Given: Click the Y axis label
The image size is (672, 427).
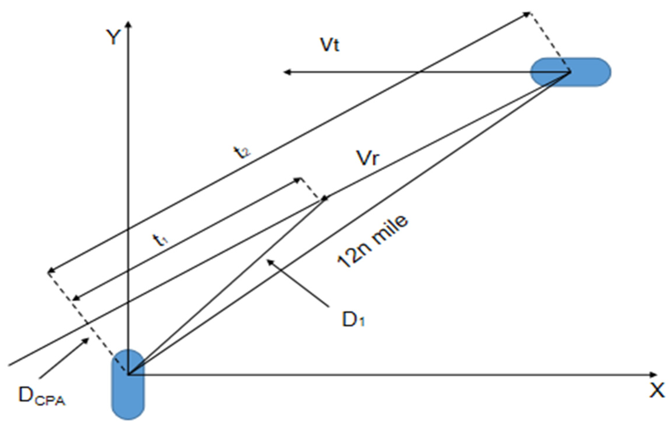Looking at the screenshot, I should (113, 37).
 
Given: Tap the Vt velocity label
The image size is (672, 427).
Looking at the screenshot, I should (330, 45).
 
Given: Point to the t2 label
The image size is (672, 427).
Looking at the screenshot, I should (242, 152).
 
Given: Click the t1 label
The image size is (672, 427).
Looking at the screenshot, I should (160, 240).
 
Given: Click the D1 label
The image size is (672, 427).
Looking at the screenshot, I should (353, 320).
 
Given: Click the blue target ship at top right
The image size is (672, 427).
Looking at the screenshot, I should (571, 72).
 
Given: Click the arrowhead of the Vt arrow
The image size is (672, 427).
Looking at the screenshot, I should (287, 72).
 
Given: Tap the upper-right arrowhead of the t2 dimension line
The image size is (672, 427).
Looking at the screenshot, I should (527, 13).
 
